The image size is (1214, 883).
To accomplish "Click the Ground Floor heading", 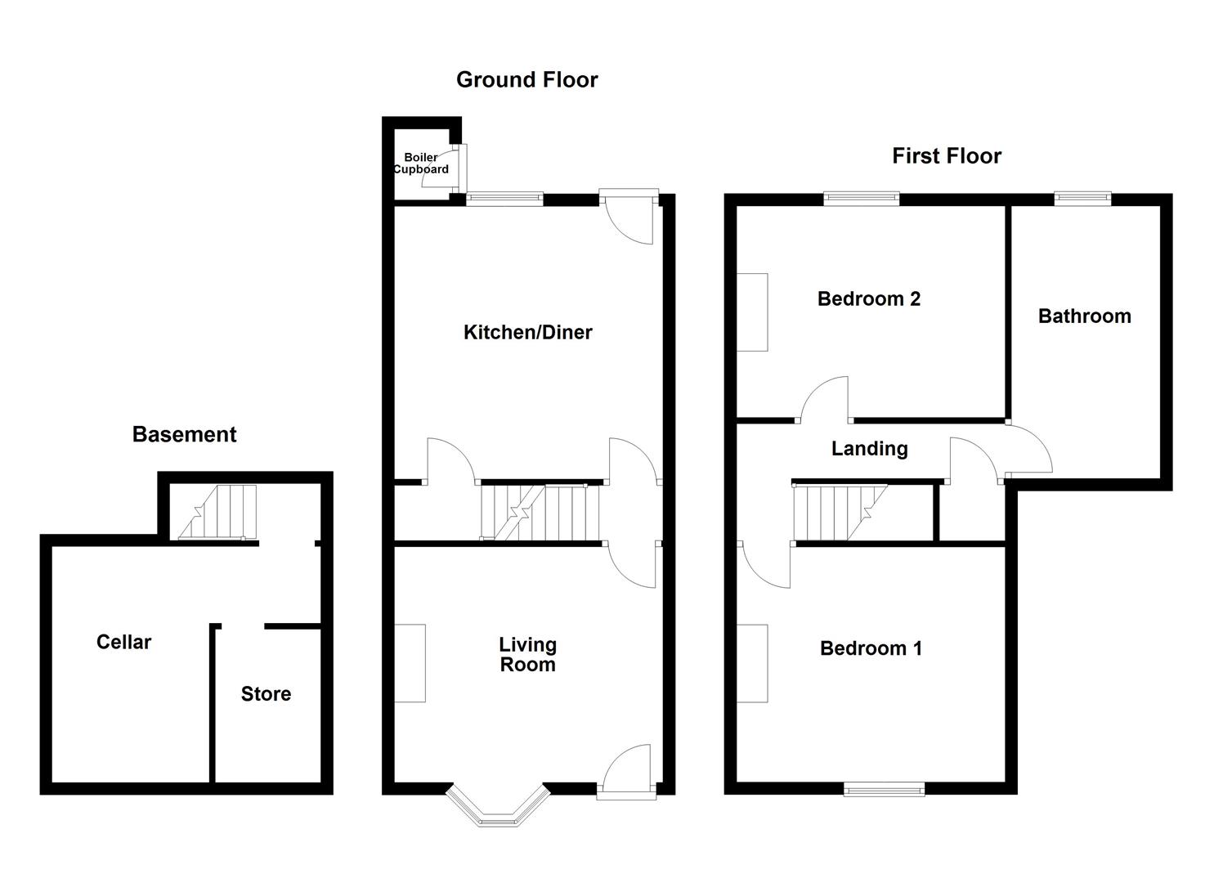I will click(526, 80).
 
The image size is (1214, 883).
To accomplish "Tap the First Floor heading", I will click(946, 156).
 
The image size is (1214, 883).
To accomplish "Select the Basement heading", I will click(184, 435).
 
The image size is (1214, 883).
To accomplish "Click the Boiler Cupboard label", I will click(421, 164).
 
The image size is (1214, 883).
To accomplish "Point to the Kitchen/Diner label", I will click(527, 333).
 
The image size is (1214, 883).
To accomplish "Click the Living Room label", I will click(528, 655).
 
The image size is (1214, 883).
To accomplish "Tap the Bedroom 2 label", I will click(868, 299).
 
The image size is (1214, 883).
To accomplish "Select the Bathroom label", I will click(1084, 316).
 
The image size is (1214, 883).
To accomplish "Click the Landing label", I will click(869, 449).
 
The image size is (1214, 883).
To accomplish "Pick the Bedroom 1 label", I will click(871, 649).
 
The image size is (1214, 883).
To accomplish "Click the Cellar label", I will click(123, 643).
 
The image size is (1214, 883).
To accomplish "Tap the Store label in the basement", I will click(266, 694).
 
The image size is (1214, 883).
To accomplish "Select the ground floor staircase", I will click(540, 513).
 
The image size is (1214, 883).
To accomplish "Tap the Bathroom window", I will click(1082, 198).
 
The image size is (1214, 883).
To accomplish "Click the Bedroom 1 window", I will click(884, 789).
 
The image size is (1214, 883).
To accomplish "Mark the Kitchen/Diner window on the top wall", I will click(504, 198).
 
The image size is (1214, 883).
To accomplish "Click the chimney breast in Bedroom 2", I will click(753, 312).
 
